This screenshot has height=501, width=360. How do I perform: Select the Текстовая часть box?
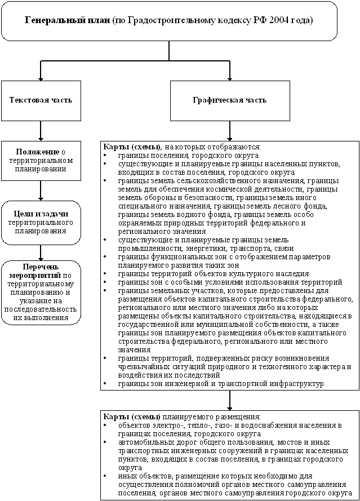click(41, 100)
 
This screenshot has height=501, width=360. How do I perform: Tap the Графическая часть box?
click(229, 100)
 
